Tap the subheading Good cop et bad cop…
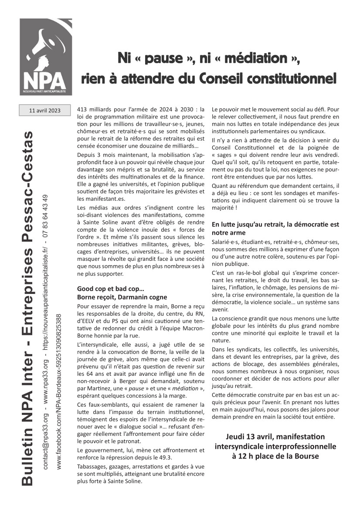[111, 289]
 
